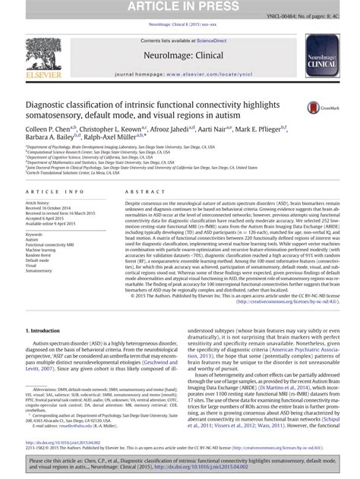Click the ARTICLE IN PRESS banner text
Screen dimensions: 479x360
point(179,7)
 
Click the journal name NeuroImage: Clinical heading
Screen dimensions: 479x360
point(179,55)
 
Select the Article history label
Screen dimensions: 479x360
point(37,203)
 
